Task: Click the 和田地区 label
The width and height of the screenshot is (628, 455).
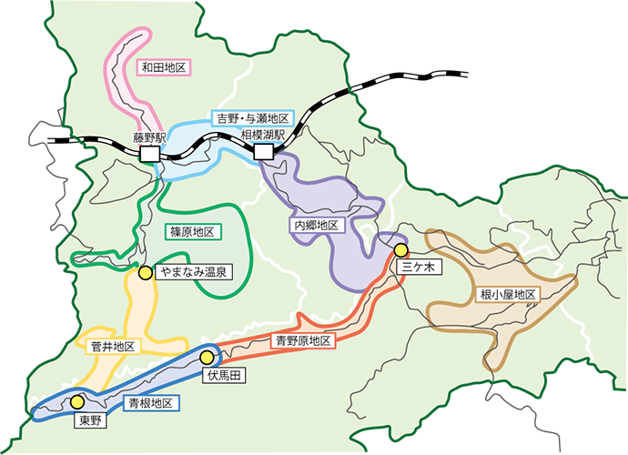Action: tap(163, 67)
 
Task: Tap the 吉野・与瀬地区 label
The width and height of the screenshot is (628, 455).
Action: tap(251, 119)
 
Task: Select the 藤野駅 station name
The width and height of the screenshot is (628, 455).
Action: tap(149, 138)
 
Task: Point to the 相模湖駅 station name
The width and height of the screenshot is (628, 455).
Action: tap(263, 135)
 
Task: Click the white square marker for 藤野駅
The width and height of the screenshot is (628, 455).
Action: tap(149, 156)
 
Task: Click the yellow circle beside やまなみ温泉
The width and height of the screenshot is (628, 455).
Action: tap(145, 272)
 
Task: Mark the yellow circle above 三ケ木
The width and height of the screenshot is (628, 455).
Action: tap(400, 250)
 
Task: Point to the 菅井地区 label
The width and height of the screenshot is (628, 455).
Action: tap(113, 347)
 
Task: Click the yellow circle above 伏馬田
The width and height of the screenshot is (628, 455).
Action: tap(207, 358)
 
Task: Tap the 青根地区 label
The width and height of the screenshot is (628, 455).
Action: tap(152, 401)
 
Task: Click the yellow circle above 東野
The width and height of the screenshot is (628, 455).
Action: tap(77, 401)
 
